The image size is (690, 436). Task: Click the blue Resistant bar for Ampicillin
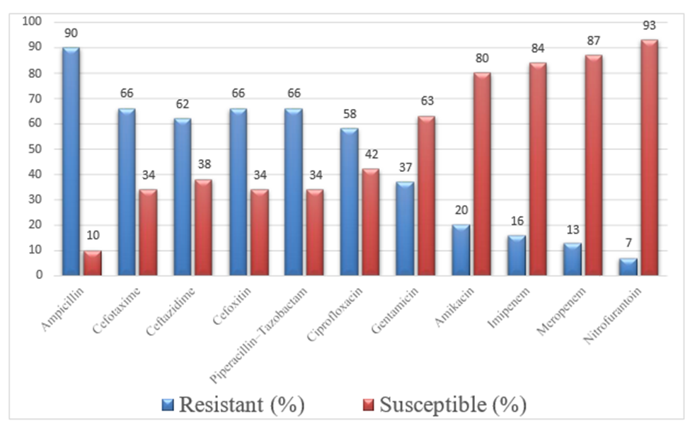[x=71, y=161]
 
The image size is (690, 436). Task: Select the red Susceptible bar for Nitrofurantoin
[x=650, y=158]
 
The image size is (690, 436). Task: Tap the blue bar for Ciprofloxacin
[x=349, y=202]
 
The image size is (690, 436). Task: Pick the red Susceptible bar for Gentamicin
[x=427, y=196]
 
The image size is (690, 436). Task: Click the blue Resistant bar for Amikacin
[x=461, y=251]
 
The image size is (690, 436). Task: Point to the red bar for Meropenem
[x=594, y=166]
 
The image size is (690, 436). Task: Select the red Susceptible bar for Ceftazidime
[x=203, y=227]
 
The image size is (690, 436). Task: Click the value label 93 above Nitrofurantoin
[x=649, y=25]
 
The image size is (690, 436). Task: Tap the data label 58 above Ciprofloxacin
[x=350, y=114]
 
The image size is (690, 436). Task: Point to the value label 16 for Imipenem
[x=517, y=221]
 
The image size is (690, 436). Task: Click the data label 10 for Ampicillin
[x=93, y=236]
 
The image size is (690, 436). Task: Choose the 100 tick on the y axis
[x=32, y=21]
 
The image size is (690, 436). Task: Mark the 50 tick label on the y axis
[x=35, y=149]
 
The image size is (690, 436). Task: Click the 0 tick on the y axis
[x=39, y=275]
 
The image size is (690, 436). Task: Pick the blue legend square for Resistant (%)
[x=168, y=405]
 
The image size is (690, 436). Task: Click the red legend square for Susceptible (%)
[x=368, y=405]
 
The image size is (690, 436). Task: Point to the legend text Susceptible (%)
[x=453, y=404]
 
